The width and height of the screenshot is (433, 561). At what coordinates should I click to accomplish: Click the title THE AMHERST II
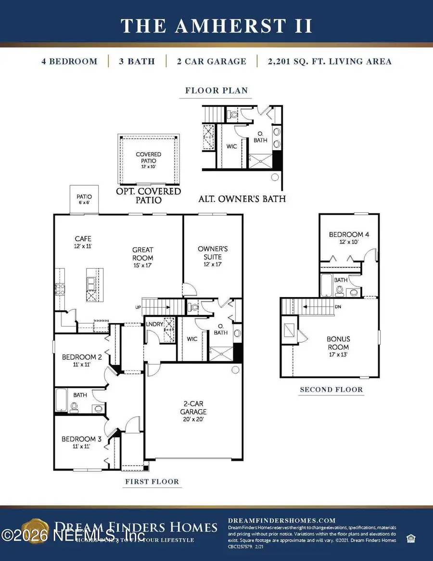pos(216,26)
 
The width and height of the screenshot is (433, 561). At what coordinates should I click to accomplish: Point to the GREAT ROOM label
pos(142,254)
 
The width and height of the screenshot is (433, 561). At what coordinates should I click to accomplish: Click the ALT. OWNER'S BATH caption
pos(242,198)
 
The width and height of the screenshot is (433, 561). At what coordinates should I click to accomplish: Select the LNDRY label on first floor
pos(154,324)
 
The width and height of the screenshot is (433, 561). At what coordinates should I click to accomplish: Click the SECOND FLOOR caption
pos(331,390)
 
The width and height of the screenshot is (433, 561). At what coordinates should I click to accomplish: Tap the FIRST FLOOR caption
pos(152,482)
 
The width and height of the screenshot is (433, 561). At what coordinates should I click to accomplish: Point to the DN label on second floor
pos(338,306)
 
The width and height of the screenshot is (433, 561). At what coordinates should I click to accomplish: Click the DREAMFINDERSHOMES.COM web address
pos(281,521)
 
